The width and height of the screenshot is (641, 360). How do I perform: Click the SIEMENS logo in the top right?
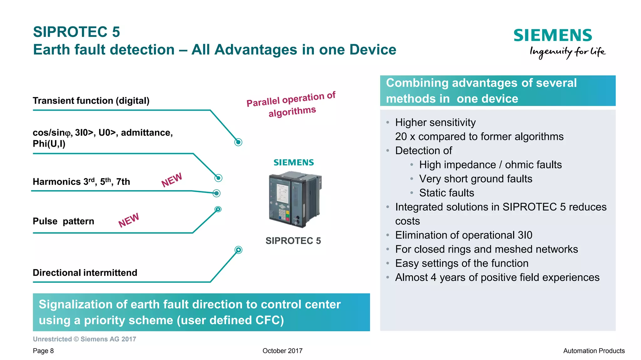pyautogui.click(x=553, y=35)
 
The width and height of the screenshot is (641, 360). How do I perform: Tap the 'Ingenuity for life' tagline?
pyautogui.click(x=567, y=52)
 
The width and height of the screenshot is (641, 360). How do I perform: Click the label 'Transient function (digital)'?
pyautogui.click(x=91, y=101)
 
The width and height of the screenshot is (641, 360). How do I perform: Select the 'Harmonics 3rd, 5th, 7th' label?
pyautogui.click(x=81, y=182)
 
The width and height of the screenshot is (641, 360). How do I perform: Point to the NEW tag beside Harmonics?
pyautogui.click(x=172, y=180)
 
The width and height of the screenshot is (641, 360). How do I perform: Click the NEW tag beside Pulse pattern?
pyautogui.click(x=129, y=220)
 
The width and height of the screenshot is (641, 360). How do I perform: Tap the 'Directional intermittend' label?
pyautogui.click(x=85, y=273)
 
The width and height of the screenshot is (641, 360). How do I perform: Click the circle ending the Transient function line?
pyautogui.click(x=238, y=142)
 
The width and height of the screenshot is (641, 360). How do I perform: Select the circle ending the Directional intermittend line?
pyautogui.click(x=238, y=250)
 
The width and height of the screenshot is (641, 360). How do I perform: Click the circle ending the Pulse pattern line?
pyautogui.click(x=218, y=209)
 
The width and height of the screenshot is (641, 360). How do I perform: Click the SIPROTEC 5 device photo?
pyautogui.click(x=294, y=199)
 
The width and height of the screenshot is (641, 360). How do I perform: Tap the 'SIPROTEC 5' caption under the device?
pyautogui.click(x=293, y=241)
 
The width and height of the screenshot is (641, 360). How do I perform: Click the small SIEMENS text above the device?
pyautogui.click(x=294, y=163)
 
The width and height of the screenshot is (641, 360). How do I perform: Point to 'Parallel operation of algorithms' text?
pyautogui.click(x=291, y=104)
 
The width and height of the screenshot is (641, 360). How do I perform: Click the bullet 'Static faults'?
pyautogui.click(x=446, y=193)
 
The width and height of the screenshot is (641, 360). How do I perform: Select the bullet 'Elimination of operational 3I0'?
pyautogui.click(x=464, y=235)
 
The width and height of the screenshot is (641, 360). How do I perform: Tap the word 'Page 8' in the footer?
pyautogui.click(x=43, y=351)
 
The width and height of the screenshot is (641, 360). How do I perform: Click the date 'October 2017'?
pyautogui.click(x=282, y=351)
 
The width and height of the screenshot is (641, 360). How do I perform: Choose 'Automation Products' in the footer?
pyautogui.click(x=594, y=351)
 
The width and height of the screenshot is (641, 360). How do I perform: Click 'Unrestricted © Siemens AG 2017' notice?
pyautogui.click(x=85, y=339)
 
